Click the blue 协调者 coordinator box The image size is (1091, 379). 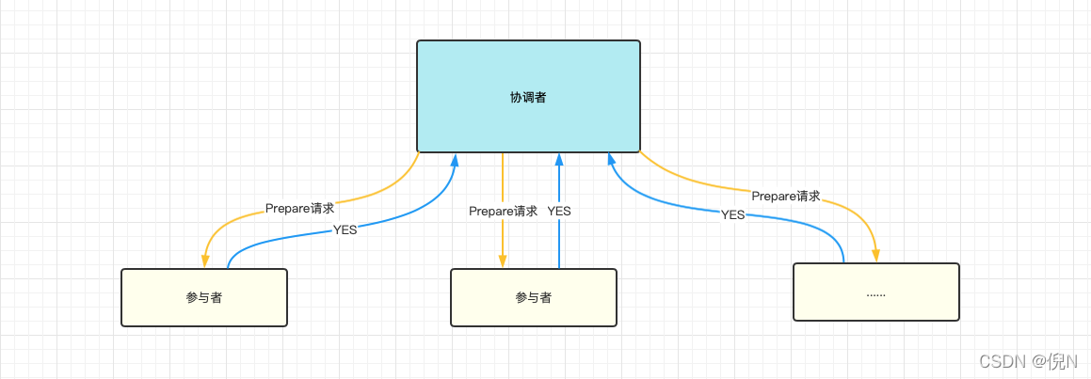point(528,96)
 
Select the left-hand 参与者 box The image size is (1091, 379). point(204,297)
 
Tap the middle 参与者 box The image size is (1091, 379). point(534,297)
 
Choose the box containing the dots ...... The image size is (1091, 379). point(875,292)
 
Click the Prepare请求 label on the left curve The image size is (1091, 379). point(299,209)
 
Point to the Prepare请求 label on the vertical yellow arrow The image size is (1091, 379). point(503,212)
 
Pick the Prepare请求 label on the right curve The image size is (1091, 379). point(785,197)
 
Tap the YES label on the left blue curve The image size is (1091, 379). point(345,230)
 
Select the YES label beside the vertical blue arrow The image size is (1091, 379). point(559,212)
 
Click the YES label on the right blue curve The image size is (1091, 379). point(732,214)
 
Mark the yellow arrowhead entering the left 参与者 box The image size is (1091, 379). point(204,261)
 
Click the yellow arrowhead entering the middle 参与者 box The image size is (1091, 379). point(503,261)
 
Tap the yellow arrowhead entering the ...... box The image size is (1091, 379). point(876,255)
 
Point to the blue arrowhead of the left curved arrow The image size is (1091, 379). point(455,160)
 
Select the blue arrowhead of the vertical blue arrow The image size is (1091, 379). point(559,160)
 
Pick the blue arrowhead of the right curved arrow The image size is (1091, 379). point(609,160)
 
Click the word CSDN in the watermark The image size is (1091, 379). point(1002,361)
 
